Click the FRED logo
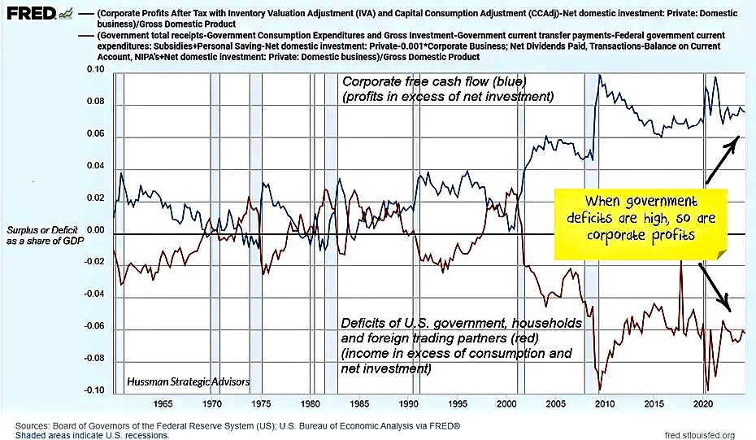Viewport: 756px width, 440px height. pos(31,13)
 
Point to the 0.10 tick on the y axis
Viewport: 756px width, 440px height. pos(97,71)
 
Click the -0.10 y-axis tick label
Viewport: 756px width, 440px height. pos(95,390)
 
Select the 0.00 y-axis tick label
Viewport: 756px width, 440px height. pos(97,230)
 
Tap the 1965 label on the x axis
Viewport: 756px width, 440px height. pos(162,404)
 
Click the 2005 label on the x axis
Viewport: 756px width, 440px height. pos(556,404)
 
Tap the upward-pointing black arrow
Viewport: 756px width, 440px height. pos(721,159)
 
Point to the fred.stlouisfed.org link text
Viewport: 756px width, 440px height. pos(699,435)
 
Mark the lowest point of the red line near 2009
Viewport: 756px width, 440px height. pos(599,389)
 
